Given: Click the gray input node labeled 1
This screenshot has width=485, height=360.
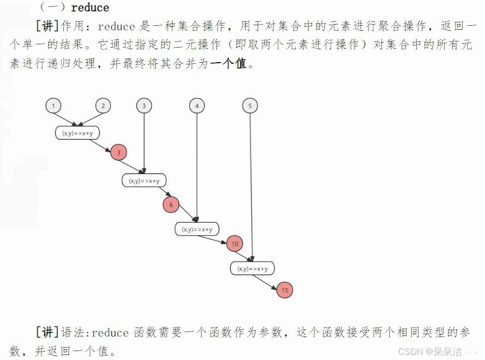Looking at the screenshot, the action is pyautogui.click(x=53, y=106).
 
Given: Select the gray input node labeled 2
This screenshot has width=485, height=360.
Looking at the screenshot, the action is pyautogui.click(x=103, y=106).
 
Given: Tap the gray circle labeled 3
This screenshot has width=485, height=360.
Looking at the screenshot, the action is pyautogui.click(x=144, y=106).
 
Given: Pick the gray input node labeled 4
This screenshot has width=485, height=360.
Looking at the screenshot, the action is pyautogui.click(x=197, y=106).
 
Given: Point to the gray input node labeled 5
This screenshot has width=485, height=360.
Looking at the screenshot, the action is pyautogui.click(x=250, y=106).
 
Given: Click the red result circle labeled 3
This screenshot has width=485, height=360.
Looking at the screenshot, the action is pyautogui.click(x=119, y=152).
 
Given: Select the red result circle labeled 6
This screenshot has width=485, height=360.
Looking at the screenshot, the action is pyautogui.click(x=171, y=205).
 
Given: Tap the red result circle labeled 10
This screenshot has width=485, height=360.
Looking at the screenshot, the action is pyautogui.click(x=235, y=244).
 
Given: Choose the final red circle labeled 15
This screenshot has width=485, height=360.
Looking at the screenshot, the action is pyautogui.click(x=285, y=290).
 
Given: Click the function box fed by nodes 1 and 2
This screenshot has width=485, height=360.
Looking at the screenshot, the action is pyautogui.click(x=77, y=133).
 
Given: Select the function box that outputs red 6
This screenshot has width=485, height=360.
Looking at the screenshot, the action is pyautogui.click(x=144, y=180).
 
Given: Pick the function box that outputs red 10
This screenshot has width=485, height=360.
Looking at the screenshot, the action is pyautogui.click(x=197, y=229).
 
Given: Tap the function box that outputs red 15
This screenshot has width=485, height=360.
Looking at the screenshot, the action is pyautogui.click(x=252, y=268).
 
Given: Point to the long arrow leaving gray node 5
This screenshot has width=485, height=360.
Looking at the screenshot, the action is pyautogui.click(x=251, y=185).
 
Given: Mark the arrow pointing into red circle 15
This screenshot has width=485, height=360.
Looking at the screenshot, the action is pyautogui.click(x=268, y=281).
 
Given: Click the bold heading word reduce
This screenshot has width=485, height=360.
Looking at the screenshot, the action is pyautogui.click(x=90, y=8).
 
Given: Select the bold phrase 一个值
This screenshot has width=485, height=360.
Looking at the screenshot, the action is pyautogui.click(x=228, y=64).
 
